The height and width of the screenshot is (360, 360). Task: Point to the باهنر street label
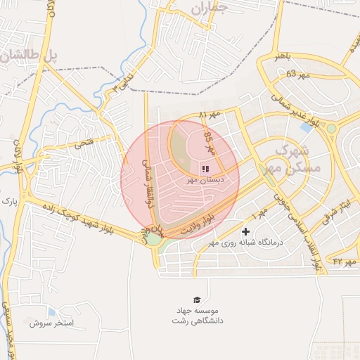(283, 57)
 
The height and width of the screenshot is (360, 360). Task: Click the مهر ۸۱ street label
(209, 114)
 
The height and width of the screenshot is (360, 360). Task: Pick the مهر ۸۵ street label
(210, 145)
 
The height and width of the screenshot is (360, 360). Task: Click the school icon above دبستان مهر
(205, 169)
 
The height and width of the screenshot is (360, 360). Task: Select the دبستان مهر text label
(205, 180)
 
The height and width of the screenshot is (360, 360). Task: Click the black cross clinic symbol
(245, 231)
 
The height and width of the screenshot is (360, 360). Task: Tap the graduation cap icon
(197, 300)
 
